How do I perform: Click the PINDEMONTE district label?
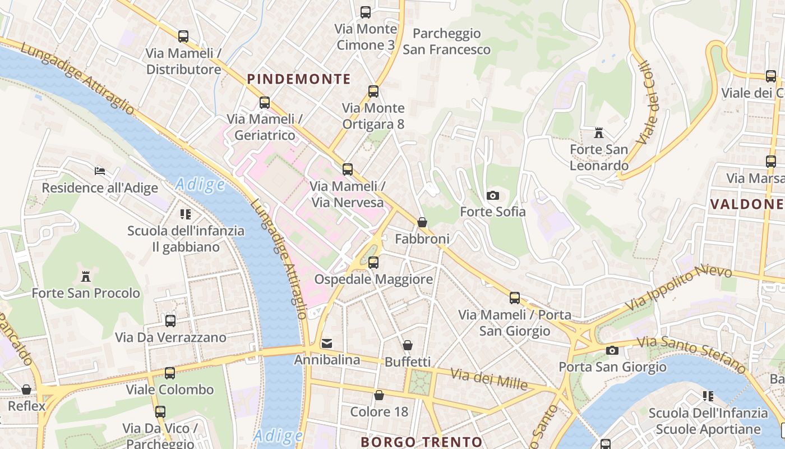click(x=299, y=79)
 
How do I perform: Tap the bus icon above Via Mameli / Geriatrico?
click(x=265, y=103)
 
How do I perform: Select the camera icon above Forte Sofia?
click(x=493, y=195)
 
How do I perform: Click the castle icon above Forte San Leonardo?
click(x=599, y=133)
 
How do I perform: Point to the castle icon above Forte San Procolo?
click(x=86, y=276)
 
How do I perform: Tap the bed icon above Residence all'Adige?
click(x=100, y=171)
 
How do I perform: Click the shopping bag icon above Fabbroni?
click(x=422, y=223)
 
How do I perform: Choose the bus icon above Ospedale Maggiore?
click(x=373, y=262)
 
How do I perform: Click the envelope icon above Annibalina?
click(x=327, y=343)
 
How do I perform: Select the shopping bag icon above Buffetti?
click(x=408, y=345)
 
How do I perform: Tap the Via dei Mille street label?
click(x=490, y=379)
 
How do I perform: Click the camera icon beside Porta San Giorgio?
click(x=612, y=351)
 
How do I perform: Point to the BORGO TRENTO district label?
click(x=421, y=442)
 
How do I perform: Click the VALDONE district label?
click(x=747, y=204)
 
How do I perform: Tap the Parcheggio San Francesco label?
click(x=446, y=42)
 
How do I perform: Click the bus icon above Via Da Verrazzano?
click(x=170, y=321)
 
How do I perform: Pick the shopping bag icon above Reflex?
click(x=26, y=390)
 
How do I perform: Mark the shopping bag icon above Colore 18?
click(x=379, y=396)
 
